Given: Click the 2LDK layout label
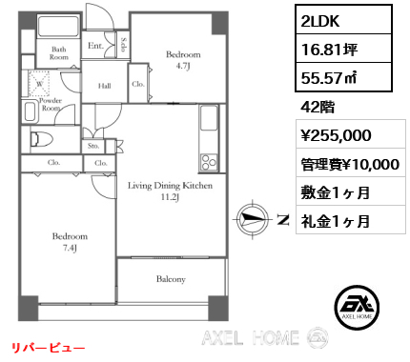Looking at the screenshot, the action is pyautogui.click(x=320, y=21).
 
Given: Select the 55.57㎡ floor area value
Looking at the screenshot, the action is pyautogui.click(x=329, y=77).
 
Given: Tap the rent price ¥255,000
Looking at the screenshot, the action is pyautogui.click(x=336, y=135).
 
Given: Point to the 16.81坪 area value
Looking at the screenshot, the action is pyautogui.click(x=329, y=50).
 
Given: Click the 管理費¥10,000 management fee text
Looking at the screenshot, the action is pyautogui.click(x=350, y=164).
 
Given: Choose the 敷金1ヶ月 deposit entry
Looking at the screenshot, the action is pyautogui.click(x=335, y=192).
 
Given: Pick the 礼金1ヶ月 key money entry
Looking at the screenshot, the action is pyautogui.click(x=335, y=221).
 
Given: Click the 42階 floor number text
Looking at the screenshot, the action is pyautogui.click(x=318, y=107).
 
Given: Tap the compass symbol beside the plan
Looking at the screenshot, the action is pyautogui.click(x=253, y=219).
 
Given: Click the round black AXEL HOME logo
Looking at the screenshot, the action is pyautogui.click(x=357, y=307).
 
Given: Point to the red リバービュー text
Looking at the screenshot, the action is pyautogui.click(x=49, y=348).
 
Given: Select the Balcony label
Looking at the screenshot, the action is pyautogui.click(x=171, y=279).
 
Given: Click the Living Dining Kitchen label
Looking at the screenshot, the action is pyautogui.click(x=170, y=186).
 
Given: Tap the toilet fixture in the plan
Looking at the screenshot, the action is pyautogui.click(x=41, y=140).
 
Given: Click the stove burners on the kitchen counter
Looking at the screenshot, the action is pyautogui.click(x=209, y=162).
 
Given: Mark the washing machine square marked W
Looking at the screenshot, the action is pyautogui.click(x=39, y=84).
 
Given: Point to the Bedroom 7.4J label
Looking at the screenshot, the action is pyautogui.click(x=70, y=242).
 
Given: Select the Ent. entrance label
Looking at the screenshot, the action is pyautogui.click(x=95, y=46).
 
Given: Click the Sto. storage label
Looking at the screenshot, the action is pyautogui.click(x=93, y=146).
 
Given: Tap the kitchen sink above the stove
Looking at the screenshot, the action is pyautogui.click(x=209, y=118).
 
